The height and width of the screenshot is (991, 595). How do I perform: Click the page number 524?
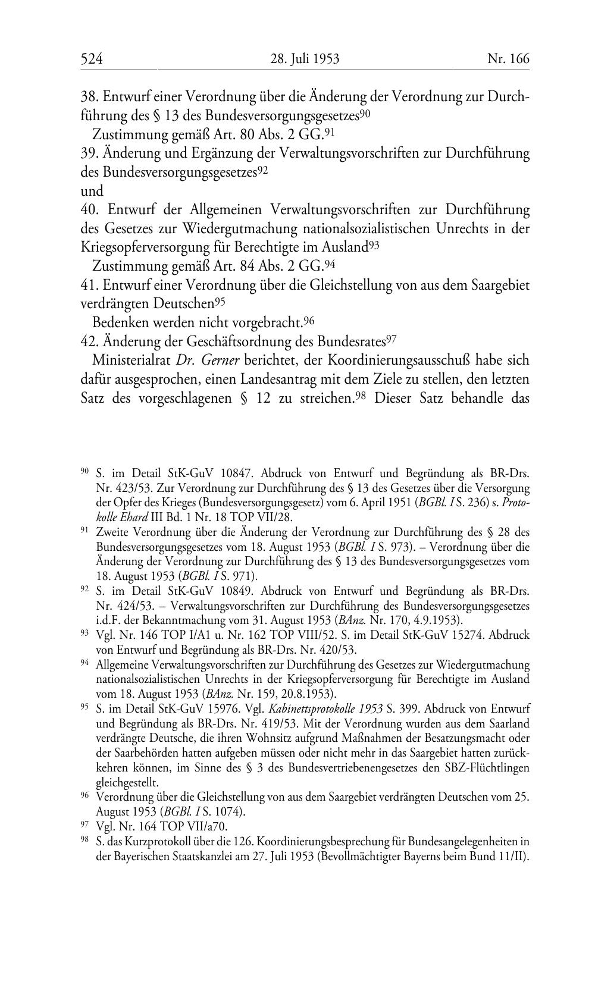92,58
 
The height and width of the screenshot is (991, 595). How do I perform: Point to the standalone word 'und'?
92,191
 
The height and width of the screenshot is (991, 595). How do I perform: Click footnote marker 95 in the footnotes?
85,707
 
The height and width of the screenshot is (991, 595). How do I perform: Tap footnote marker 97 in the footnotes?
85,825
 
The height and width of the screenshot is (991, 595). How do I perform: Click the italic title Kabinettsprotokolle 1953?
325,709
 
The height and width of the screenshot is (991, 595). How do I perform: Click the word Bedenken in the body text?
120,322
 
